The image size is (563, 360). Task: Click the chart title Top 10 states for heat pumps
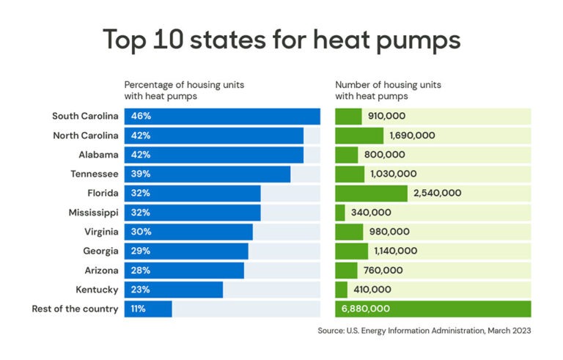[x=281, y=40]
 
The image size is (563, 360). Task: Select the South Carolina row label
[x=85, y=116]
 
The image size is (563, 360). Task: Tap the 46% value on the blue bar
[x=140, y=116]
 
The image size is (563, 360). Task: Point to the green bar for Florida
[x=371, y=193]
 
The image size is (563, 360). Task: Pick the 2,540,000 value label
[x=438, y=193]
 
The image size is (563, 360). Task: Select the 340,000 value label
[x=371, y=213]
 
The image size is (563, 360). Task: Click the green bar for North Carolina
[x=359, y=135]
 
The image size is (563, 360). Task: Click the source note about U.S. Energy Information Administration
[x=424, y=331]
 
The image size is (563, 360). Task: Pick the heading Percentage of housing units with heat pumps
[x=184, y=89]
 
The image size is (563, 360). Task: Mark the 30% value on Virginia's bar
[x=140, y=232]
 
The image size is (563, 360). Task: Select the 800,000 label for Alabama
[x=384, y=155]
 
